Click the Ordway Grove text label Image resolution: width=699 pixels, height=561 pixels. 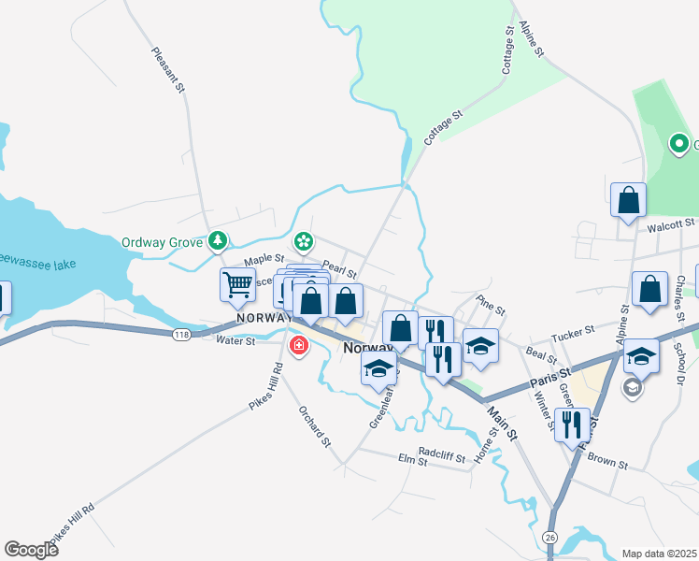[x=162, y=242]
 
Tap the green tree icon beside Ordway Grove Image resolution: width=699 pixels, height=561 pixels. [x=218, y=242]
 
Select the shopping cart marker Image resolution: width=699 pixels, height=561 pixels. [x=238, y=283]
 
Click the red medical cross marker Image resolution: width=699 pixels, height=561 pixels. [x=298, y=347]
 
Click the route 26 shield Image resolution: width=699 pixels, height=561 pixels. [x=549, y=537]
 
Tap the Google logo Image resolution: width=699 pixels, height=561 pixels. [x=31, y=549]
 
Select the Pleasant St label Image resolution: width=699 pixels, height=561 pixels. [x=170, y=69]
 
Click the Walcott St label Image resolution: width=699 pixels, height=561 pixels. [x=670, y=223]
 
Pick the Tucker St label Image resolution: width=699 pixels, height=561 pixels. [x=573, y=332]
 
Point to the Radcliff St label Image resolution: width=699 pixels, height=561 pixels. [x=442, y=450]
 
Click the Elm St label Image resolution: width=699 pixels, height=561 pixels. [x=412, y=460]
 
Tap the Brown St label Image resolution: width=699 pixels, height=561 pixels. [x=607, y=462]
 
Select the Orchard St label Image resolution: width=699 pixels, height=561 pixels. [x=315, y=425]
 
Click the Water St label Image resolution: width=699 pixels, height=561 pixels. [x=235, y=342]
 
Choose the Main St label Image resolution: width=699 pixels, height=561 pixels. [x=501, y=421]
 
